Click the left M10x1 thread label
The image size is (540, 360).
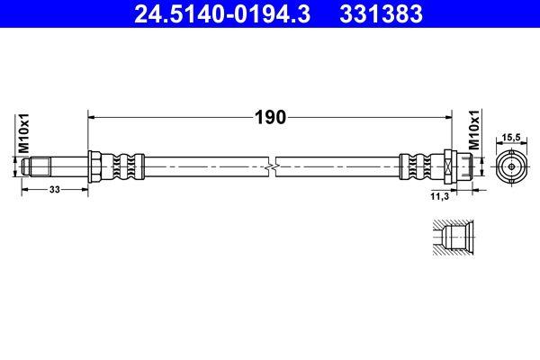(x=25, y=134)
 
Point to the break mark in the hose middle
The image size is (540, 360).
(x=272, y=167)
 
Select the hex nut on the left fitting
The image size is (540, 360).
(x=93, y=167)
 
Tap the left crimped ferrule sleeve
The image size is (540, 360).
(x=122, y=167)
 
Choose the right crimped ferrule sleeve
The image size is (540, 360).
(x=419, y=167)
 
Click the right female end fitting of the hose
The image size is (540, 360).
(x=455, y=167)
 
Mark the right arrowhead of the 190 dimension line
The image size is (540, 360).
(x=447, y=117)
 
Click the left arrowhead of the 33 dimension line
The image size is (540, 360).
(x=23, y=191)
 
